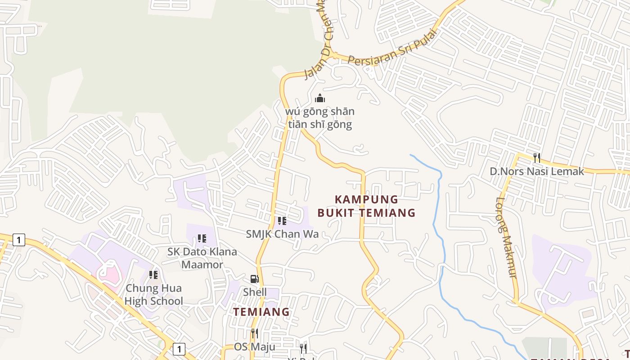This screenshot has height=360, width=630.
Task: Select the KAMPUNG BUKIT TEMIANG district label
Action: click(x=366, y=206)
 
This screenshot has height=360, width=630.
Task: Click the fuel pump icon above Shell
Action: click(x=254, y=279)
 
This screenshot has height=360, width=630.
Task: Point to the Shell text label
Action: click(x=255, y=292)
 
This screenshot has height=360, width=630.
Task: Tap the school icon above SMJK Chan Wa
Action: click(x=282, y=221)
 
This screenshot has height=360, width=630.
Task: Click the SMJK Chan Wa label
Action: click(x=282, y=234)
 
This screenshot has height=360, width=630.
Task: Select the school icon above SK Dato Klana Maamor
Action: click(x=202, y=238)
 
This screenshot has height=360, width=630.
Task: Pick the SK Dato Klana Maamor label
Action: click(x=202, y=258)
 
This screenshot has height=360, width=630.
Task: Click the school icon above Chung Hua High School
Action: click(x=153, y=275)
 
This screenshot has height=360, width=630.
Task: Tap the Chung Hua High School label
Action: click(x=153, y=295)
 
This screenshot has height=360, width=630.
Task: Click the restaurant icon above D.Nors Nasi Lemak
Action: click(x=536, y=157)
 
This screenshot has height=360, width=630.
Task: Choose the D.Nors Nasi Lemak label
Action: click(x=536, y=171)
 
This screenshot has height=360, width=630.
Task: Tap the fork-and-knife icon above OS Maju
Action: click(x=254, y=333)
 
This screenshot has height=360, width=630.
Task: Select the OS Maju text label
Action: click(x=254, y=347)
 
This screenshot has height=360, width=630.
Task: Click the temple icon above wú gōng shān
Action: click(x=320, y=98)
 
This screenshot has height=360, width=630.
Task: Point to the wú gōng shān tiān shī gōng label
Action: click(x=320, y=118)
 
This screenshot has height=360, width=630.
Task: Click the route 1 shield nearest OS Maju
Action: click(x=179, y=349)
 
